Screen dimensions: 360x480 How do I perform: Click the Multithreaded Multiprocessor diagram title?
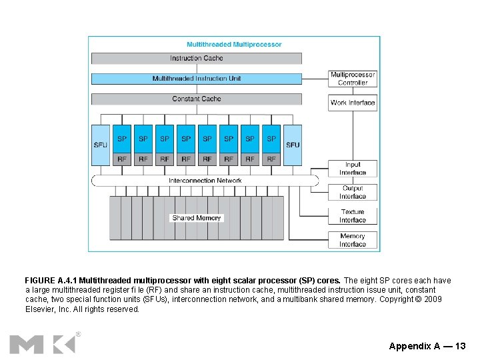coord(234,45)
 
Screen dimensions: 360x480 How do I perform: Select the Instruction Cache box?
coord(196,59)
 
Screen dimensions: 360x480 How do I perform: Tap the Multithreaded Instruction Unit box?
coord(196,79)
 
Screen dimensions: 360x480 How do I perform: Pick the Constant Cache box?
coord(196,99)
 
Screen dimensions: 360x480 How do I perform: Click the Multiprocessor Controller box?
coord(353,79)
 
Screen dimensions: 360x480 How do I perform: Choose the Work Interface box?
coord(353,103)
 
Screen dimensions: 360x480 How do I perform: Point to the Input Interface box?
coord(353,169)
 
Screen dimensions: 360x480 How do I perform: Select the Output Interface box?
coord(353,193)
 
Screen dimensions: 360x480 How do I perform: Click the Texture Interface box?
coord(353,216)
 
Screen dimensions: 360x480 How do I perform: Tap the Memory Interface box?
coord(353,240)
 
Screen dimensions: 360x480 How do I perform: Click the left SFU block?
coord(100,145)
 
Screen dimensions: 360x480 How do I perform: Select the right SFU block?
coord(293,145)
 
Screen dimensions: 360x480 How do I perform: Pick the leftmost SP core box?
coord(122,139)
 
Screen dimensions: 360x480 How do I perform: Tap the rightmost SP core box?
coord(271,139)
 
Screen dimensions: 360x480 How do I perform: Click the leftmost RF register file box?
coord(122,159)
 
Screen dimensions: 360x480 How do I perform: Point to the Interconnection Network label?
coord(205,181)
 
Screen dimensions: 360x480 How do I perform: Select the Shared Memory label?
coord(196,218)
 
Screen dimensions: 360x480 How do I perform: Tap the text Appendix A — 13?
coord(427,346)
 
